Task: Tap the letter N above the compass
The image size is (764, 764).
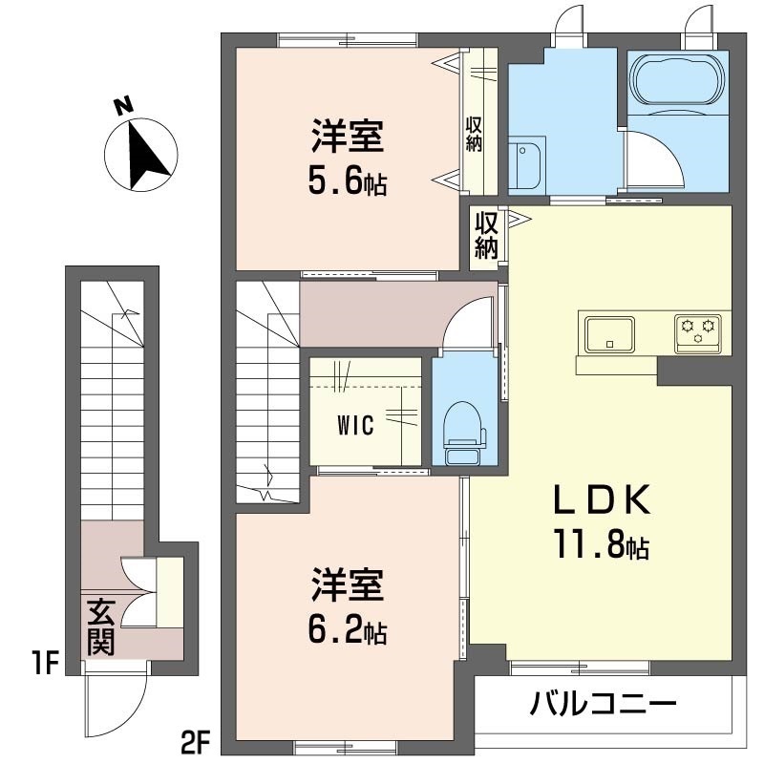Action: (x=122, y=107)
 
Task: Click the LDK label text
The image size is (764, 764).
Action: (x=603, y=499)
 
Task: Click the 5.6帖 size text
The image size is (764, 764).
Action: (x=347, y=180)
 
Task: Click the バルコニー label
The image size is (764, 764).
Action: (x=604, y=707)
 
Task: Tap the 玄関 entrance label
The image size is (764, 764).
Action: (x=100, y=626)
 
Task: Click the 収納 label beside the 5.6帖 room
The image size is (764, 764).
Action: (x=475, y=135)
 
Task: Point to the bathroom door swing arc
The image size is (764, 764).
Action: (x=657, y=162)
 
